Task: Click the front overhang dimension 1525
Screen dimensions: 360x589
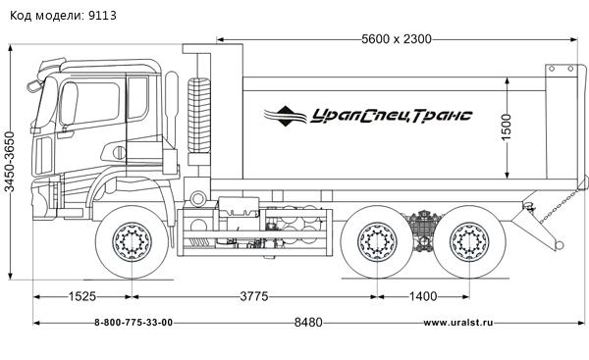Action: pyautogui.click(x=82, y=297)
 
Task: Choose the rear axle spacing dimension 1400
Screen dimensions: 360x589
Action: pyautogui.click(x=424, y=297)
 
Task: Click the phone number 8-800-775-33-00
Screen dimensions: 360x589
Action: pyautogui.click(x=134, y=323)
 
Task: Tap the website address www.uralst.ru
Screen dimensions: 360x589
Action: pyautogui.click(x=457, y=323)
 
